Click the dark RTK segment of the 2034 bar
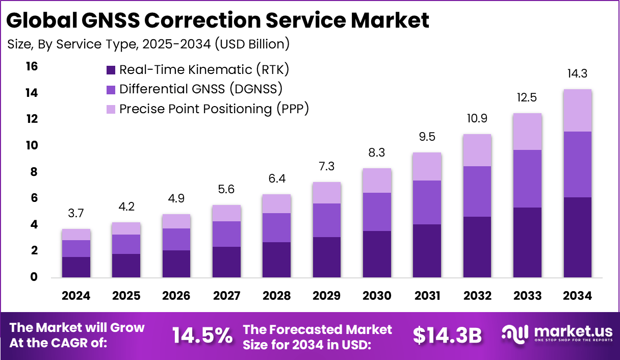pos(577,237)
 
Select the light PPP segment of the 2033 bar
pos(527,132)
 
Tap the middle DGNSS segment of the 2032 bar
pos(477,191)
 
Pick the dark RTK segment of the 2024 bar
pos(76,267)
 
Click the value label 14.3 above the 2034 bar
pos(577,73)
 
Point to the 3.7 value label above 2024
pos(76,214)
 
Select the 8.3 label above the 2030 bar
pos(377,152)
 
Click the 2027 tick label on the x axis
pos(226,296)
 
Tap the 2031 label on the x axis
pos(427,296)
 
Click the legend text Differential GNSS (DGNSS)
pos(201,89)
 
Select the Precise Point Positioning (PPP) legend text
pos(214,109)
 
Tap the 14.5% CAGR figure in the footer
pos(202,335)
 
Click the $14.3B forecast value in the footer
pos(447,335)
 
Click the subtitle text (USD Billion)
pos(252,44)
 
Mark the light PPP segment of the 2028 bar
pos(277,204)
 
